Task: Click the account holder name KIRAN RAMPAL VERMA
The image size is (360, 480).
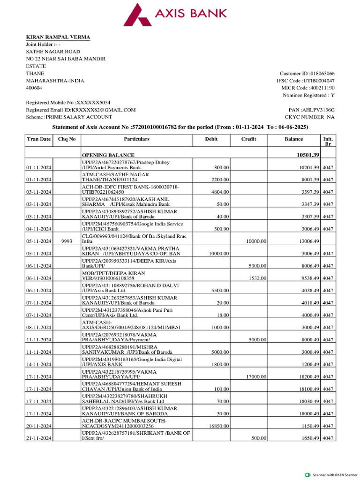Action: click(x=58, y=37)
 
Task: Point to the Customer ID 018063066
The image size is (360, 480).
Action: click(x=307, y=74)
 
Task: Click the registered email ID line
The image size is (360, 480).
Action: click(x=81, y=110)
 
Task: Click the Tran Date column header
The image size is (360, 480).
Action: click(x=39, y=139)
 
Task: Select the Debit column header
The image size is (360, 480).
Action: click(x=211, y=139)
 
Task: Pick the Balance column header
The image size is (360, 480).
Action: click(x=293, y=139)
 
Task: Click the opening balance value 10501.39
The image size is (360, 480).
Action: click(x=306, y=155)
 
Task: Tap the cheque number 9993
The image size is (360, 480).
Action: click(x=67, y=241)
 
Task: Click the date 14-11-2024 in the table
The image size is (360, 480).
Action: click(x=39, y=364)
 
